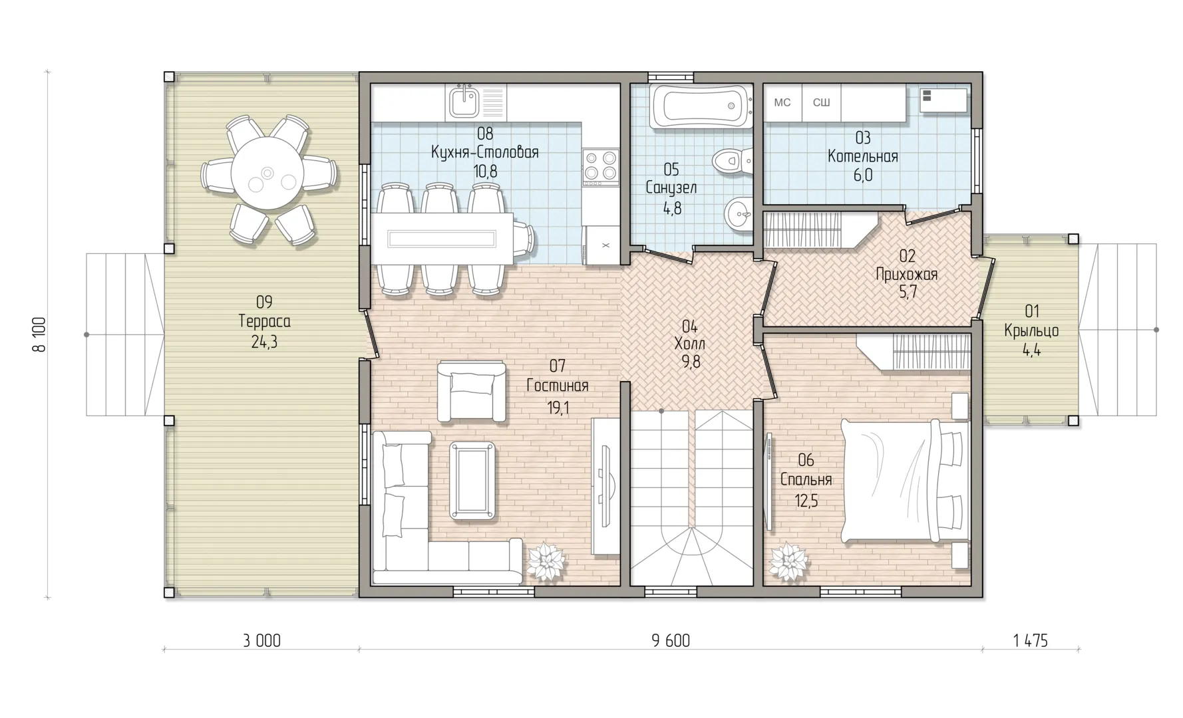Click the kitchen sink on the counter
pyautogui.click(x=463, y=102)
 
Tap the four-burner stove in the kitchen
pyautogui.click(x=599, y=166)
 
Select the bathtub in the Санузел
pyautogui.click(x=701, y=106)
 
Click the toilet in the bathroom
pyautogui.click(x=731, y=160)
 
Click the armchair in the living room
pyautogui.click(x=472, y=390)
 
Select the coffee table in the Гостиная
pyautogui.click(x=473, y=480)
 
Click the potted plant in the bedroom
pyautogui.click(x=790, y=562)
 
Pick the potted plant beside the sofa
pyautogui.click(x=548, y=562)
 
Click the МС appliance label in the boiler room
pyautogui.click(x=782, y=102)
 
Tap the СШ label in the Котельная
pyautogui.click(x=822, y=102)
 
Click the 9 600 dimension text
pyautogui.click(x=671, y=641)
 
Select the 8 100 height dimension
pyautogui.click(x=40, y=334)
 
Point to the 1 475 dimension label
pyautogui.click(x=1030, y=641)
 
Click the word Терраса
pyautogui.click(x=264, y=322)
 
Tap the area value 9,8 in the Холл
pyautogui.click(x=691, y=362)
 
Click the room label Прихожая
pyautogui.click(x=907, y=274)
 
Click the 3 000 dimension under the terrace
pyautogui.click(x=261, y=641)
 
